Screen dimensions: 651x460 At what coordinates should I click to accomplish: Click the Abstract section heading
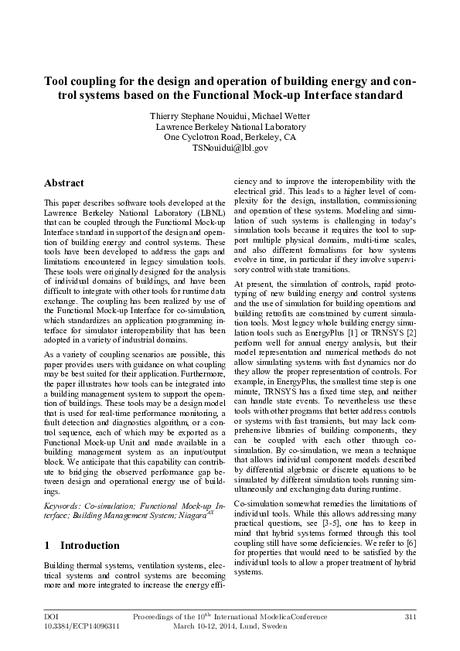coord(64,183)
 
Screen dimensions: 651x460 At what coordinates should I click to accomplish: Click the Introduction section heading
coord(90,545)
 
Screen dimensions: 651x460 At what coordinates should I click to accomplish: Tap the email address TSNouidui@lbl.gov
coord(230,147)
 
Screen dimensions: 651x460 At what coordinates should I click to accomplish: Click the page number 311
coord(411,616)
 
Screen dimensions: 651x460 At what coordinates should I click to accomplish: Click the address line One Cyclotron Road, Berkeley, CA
coord(230,137)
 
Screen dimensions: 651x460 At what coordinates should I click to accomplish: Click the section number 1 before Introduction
coord(47,545)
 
